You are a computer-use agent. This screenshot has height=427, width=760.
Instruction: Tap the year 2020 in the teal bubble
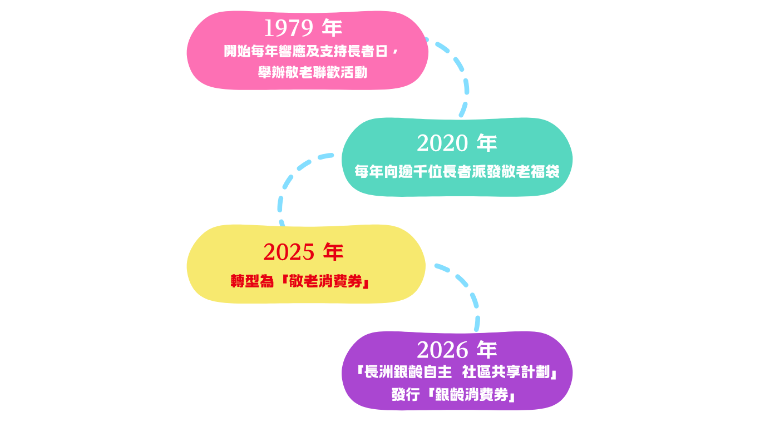point(442,144)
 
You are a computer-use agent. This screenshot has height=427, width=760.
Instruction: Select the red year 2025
point(289,252)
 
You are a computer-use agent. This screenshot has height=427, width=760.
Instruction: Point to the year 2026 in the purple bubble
point(442,350)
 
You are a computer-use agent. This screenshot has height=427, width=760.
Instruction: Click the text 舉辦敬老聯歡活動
point(313,72)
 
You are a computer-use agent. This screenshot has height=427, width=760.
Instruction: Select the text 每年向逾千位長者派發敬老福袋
point(457,172)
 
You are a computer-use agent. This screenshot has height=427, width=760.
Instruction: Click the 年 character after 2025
point(333,252)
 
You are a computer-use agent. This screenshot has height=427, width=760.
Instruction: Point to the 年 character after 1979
point(332,28)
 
